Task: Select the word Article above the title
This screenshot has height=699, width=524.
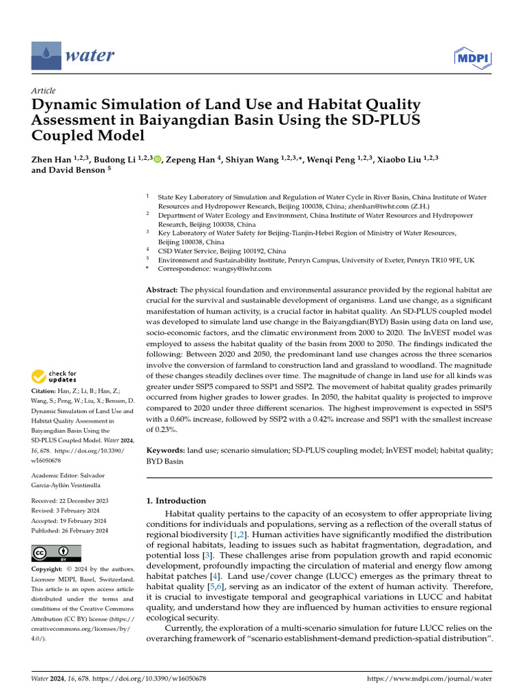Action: [44, 90]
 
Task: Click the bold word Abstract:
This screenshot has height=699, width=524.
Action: [162, 289]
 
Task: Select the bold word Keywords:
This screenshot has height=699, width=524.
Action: [166, 451]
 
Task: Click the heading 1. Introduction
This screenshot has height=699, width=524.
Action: [177, 500]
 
